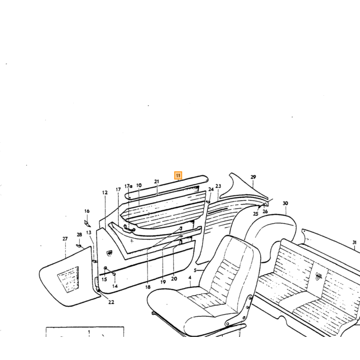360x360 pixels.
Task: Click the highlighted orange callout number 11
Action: point(178,176)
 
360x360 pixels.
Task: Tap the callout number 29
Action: point(253,177)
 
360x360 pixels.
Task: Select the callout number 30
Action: point(285,203)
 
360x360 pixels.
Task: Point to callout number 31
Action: point(354,242)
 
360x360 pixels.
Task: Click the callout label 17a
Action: point(129,186)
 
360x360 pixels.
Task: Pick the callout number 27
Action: point(65,239)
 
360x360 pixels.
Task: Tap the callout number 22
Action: point(111,302)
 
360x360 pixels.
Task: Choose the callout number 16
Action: point(87,211)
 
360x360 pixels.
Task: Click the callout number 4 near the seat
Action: point(190,278)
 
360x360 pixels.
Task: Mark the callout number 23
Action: point(218,186)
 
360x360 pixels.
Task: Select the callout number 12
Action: point(105,193)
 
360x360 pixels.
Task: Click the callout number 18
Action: point(148,287)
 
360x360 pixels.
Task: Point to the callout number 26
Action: point(265,211)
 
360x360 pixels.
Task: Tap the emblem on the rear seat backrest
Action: point(318,276)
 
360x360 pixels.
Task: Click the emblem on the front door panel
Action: point(109,253)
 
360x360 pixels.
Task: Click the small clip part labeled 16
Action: point(87,223)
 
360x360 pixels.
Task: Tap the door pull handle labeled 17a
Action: point(129,228)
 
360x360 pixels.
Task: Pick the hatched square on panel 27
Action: point(68,280)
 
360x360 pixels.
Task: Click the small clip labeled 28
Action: point(79,246)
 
